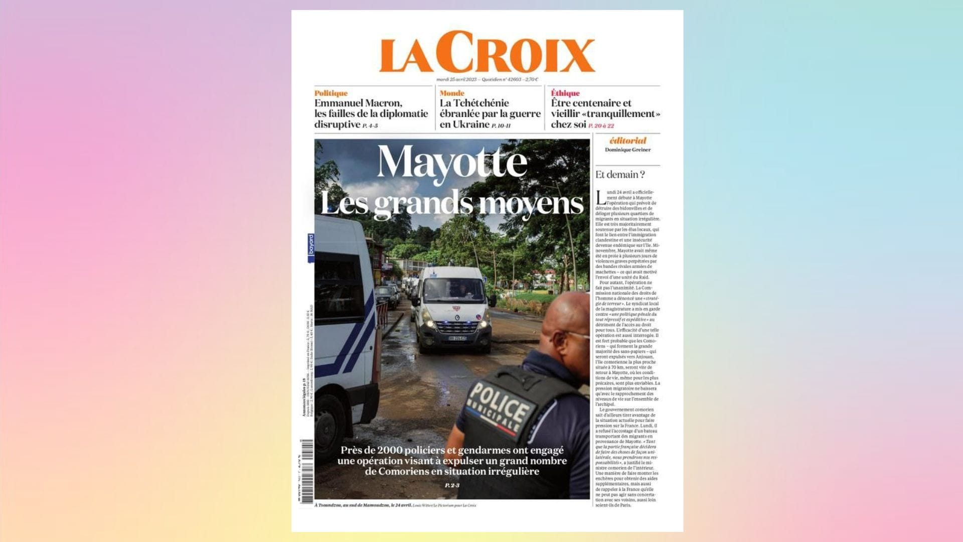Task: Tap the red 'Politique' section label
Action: tap(331, 93)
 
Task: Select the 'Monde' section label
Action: tap(451, 93)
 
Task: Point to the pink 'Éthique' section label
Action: tap(565, 93)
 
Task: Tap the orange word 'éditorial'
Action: tap(627, 141)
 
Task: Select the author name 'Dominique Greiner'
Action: tap(627, 150)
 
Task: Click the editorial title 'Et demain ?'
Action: tap(620, 175)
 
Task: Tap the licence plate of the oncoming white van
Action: tap(457, 338)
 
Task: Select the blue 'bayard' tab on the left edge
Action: tap(311, 247)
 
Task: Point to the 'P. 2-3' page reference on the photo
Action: tap(452, 485)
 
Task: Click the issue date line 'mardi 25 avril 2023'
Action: tap(456, 79)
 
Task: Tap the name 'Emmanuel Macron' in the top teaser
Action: tap(358, 103)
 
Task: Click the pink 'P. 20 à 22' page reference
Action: tap(601, 125)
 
